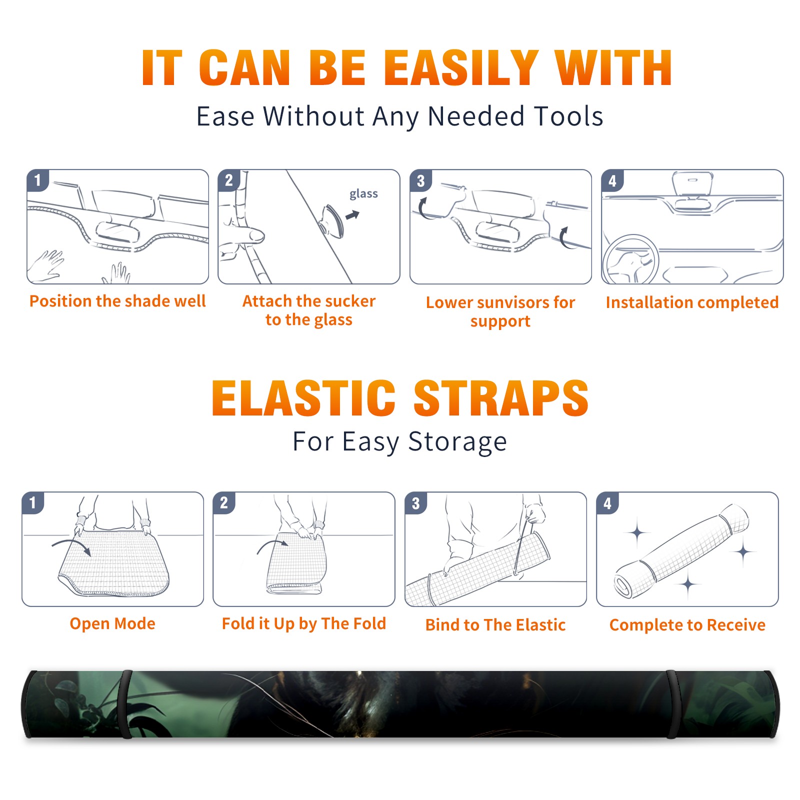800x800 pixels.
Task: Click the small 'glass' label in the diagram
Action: pos(363,194)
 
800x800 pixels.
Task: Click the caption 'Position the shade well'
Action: pos(117,301)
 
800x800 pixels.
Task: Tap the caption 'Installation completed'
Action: pos(692,302)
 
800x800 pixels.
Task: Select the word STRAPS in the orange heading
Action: pos(501,398)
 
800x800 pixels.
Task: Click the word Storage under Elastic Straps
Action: pos(457,442)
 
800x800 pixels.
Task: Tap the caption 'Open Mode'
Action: pos(112,623)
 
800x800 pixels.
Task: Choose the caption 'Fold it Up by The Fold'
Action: pos(304,624)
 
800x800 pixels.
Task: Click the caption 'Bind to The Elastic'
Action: pos(495,625)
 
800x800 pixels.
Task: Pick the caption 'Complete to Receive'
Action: pos(687,625)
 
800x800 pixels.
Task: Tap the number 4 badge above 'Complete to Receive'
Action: pos(607,503)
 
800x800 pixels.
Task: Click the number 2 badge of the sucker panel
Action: pos(229,180)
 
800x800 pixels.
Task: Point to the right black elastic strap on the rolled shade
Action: pos(673,704)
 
